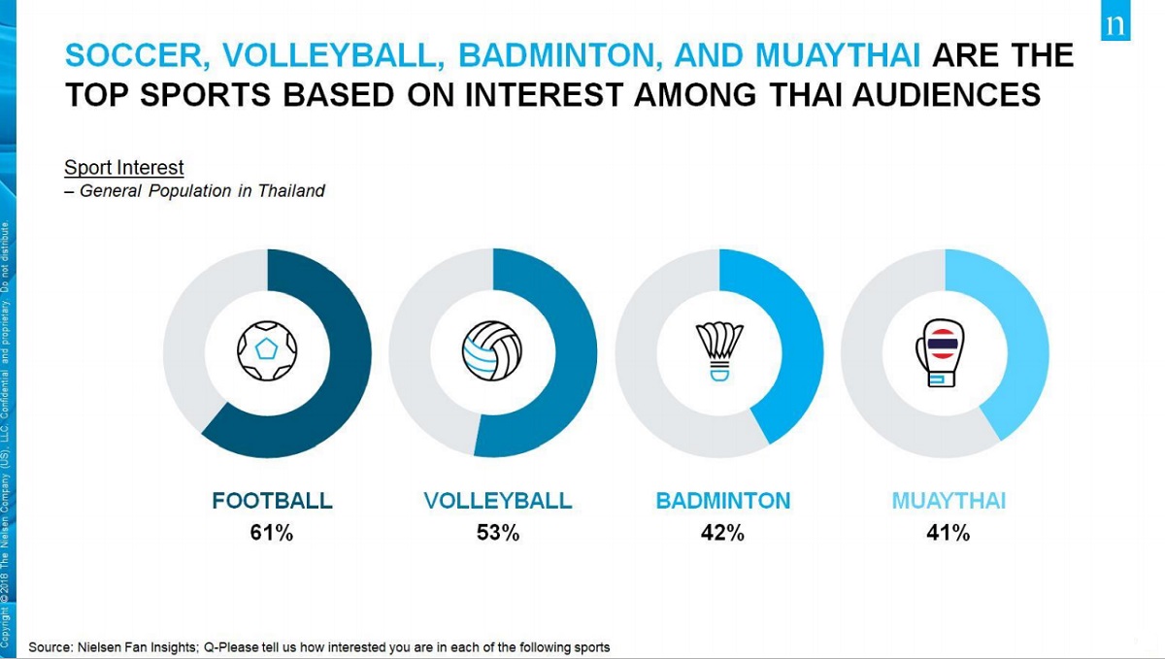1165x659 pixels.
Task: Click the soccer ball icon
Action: pyautogui.click(x=267, y=352)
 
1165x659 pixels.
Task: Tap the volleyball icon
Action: pyautogui.click(x=493, y=351)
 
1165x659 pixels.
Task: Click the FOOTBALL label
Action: pyautogui.click(x=272, y=501)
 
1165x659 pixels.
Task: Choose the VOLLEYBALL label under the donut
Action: pyautogui.click(x=498, y=501)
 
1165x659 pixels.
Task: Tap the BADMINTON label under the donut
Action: pyautogui.click(x=723, y=501)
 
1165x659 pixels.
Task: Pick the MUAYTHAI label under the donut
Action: pyautogui.click(x=949, y=501)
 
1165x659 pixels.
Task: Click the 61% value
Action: pyautogui.click(x=272, y=533)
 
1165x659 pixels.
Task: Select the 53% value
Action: pyautogui.click(x=498, y=533)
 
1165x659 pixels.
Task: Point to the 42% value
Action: pyautogui.click(x=722, y=533)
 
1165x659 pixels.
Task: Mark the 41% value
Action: pyautogui.click(x=948, y=533)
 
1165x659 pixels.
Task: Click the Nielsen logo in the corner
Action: pyautogui.click(x=1115, y=26)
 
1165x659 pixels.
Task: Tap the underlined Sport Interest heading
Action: pyautogui.click(x=124, y=168)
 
